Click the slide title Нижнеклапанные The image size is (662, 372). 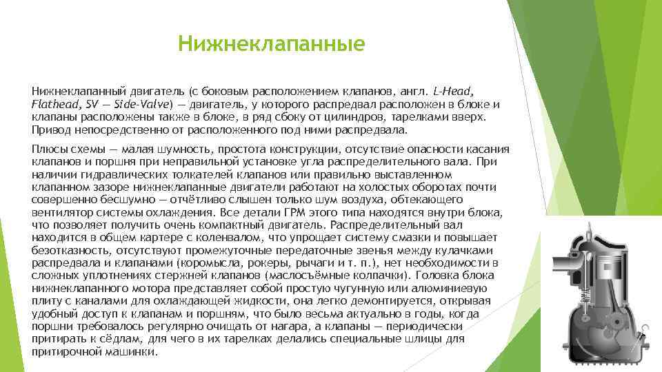(270, 44)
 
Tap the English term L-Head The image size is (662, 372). (454, 92)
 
